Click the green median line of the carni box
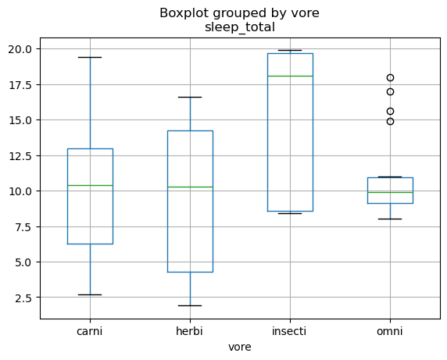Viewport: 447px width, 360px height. click(x=90, y=185)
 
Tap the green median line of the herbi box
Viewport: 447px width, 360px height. click(x=190, y=187)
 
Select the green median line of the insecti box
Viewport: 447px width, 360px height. click(x=290, y=76)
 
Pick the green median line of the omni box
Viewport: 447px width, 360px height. click(x=390, y=193)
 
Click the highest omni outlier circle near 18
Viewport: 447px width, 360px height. click(x=390, y=77)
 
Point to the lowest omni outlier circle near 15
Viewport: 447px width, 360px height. click(x=390, y=122)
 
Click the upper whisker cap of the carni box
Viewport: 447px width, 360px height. click(x=90, y=57)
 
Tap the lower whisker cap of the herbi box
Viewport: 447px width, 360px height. click(x=190, y=305)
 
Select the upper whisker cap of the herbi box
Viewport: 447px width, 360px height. click(x=190, y=97)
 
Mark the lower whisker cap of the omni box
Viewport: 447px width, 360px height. click(x=390, y=219)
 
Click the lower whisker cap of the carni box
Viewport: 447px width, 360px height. click(x=90, y=294)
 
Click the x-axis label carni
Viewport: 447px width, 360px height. click(x=90, y=331)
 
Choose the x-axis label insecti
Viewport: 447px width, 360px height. click(x=289, y=331)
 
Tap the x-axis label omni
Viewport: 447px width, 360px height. click(x=390, y=331)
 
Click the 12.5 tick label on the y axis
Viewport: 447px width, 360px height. click(x=20, y=155)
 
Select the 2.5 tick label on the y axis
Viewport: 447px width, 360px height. click(x=23, y=298)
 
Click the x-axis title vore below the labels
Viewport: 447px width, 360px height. click(x=240, y=347)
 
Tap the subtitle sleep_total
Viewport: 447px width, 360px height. click(x=240, y=27)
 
